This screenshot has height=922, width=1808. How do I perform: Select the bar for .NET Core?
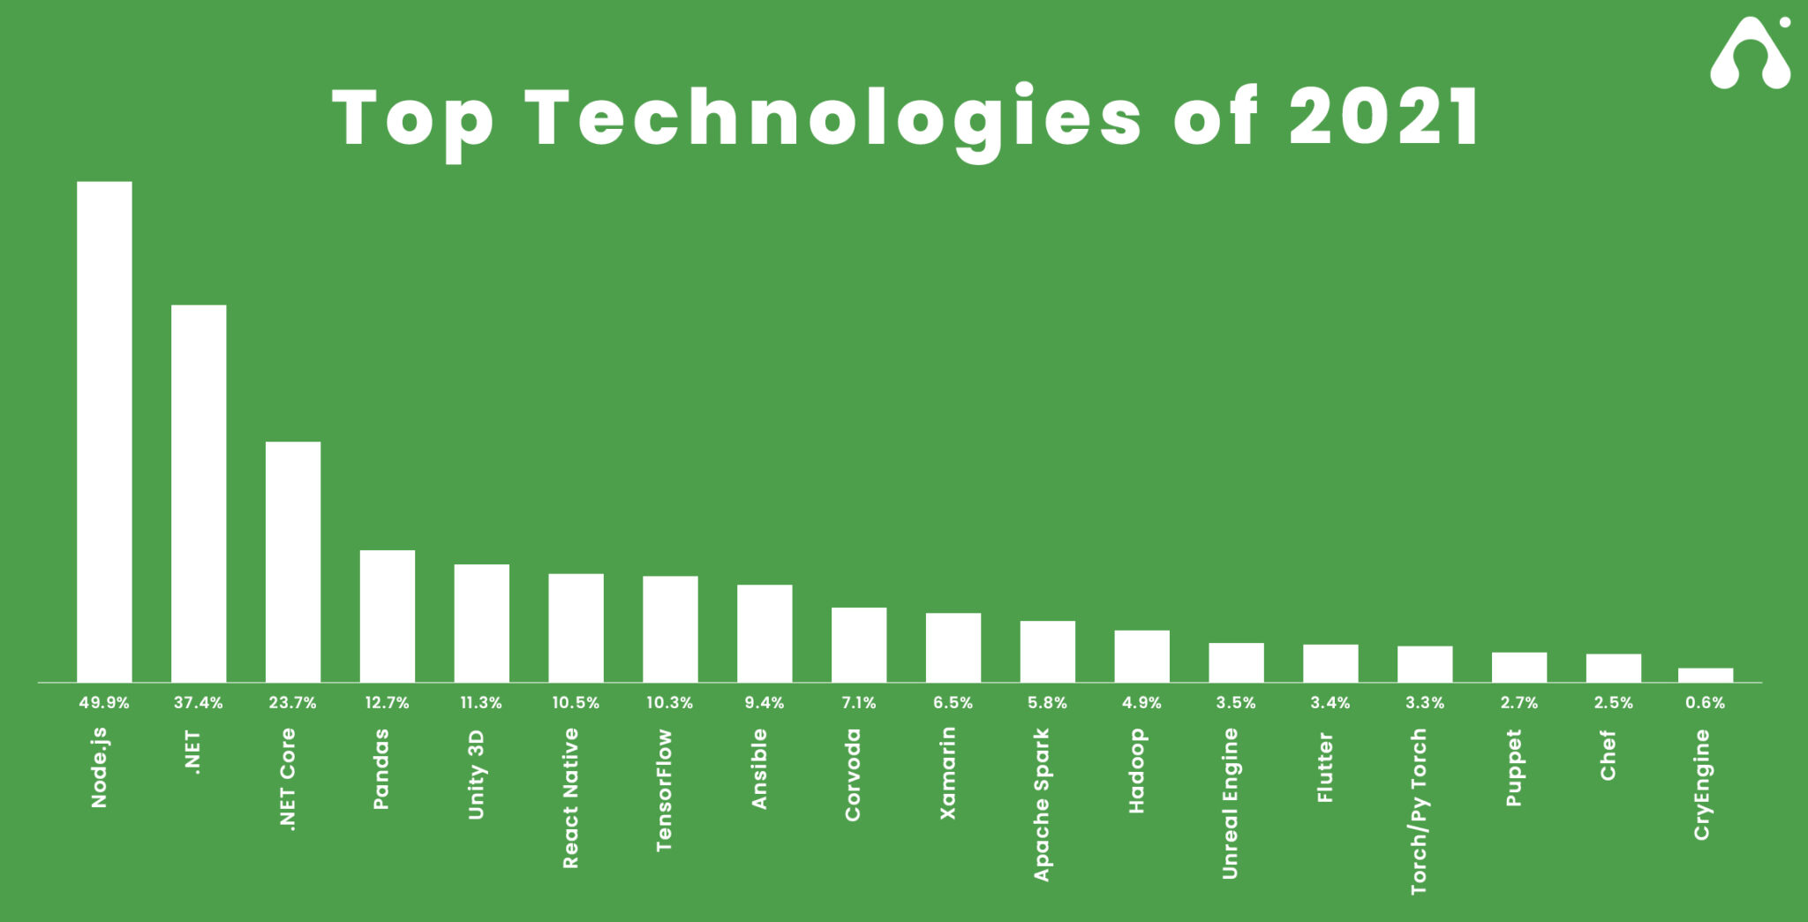pyautogui.click(x=293, y=562)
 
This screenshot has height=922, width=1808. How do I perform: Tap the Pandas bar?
pyautogui.click(x=388, y=616)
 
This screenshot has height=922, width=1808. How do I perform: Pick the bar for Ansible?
pyautogui.click(x=765, y=633)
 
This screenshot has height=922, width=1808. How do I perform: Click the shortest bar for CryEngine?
pyautogui.click(x=1705, y=675)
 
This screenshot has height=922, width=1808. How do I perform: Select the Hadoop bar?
pyautogui.click(x=1141, y=655)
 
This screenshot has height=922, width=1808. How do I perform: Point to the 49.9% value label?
pyautogui.click(x=104, y=703)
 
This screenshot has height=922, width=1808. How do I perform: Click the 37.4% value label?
pyautogui.click(x=199, y=703)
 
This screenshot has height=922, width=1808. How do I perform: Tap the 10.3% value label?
pyautogui.click(x=670, y=703)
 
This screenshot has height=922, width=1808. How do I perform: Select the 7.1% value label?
pyautogui.click(x=859, y=703)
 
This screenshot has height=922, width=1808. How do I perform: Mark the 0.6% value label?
pyautogui.click(x=1705, y=703)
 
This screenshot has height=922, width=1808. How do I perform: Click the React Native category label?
pyautogui.click(x=571, y=797)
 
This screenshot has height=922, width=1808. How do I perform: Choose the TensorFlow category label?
pyautogui.click(x=665, y=790)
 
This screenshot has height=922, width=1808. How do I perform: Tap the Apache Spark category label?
pyautogui.click(x=1043, y=804)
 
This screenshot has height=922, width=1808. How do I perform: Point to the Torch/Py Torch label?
pyautogui.click(x=1419, y=811)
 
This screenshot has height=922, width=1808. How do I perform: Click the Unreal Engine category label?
pyautogui.click(x=1231, y=803)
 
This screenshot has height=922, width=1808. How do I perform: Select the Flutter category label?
pyautogui.click(x=1325, y=767)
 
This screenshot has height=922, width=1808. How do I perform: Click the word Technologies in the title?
pyautogui.click(x=833, y=119)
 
